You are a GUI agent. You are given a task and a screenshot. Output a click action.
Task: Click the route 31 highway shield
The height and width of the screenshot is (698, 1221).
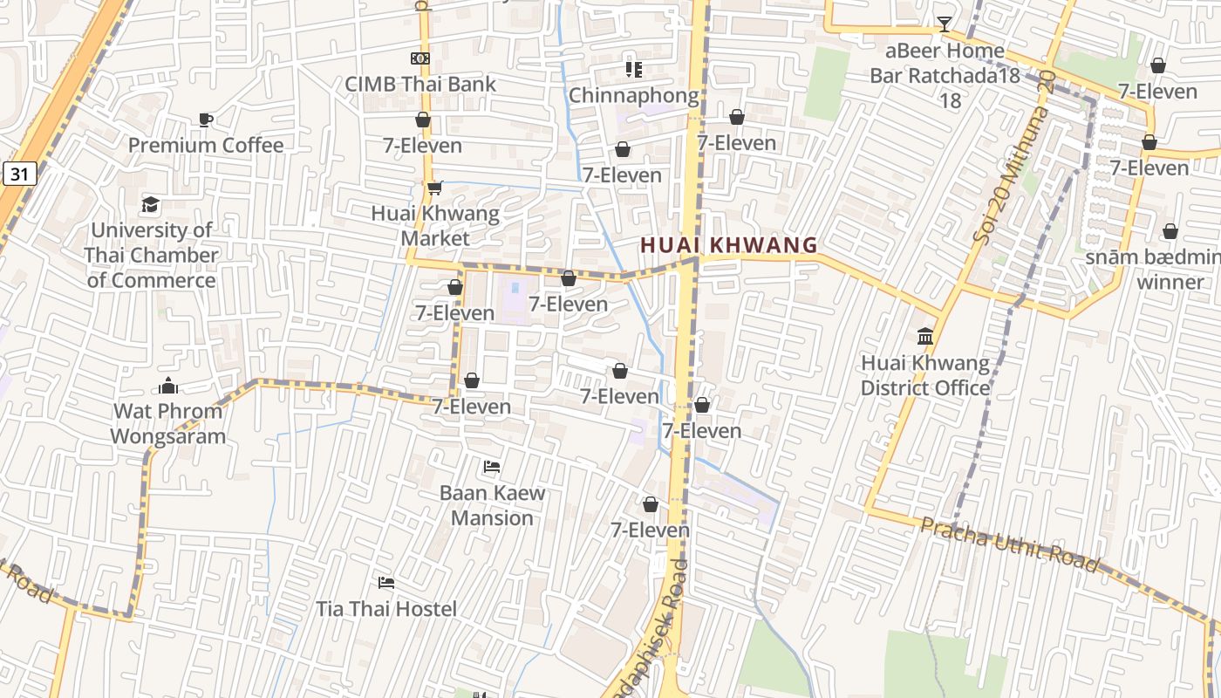[x=20, y=174]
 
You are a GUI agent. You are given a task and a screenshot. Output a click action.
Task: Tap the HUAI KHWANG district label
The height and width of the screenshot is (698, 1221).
[x=729, y=245]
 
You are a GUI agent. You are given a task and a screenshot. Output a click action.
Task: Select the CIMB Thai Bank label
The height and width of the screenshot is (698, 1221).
[x=420, y=84]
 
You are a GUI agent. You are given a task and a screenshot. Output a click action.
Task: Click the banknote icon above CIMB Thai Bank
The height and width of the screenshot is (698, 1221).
[x=420, y=58]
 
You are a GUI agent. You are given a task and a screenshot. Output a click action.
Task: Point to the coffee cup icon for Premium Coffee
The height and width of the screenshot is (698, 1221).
[x=206, y=120]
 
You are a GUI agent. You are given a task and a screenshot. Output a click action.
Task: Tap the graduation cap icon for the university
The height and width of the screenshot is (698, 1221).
[x=151, y=204]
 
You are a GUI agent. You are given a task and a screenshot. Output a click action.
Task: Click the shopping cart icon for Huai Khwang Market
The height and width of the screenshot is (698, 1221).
[x=434, y=188]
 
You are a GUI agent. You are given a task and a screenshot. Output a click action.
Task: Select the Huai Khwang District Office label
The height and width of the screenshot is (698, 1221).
[x=925, y=375]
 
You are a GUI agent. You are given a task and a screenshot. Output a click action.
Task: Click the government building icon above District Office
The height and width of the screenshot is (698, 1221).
[x=925, y=337]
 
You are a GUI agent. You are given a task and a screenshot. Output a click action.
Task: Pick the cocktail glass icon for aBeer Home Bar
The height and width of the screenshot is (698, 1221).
[x=944, y=24]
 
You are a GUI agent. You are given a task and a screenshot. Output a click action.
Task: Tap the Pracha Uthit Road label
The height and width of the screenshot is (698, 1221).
[x=1010, y=544]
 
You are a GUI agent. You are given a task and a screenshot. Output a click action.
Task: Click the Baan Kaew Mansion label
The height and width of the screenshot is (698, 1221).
[x=492, y=505]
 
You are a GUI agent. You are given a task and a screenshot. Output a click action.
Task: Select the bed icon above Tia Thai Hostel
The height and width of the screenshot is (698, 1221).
[x=386, y=582]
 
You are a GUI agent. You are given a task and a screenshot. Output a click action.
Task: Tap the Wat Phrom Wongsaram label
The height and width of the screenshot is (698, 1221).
[x=168, y=423]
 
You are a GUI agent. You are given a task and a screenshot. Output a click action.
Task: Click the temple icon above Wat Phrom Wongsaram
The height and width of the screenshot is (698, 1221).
[x=168, y=386]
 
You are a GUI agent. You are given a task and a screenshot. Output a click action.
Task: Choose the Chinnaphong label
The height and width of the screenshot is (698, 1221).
[x=634, y=95]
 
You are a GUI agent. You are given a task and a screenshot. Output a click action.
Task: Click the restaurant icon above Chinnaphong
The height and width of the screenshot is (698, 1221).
[x=633, y=69]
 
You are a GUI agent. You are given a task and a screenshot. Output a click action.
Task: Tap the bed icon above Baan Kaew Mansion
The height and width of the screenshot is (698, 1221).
[x=492, y=467]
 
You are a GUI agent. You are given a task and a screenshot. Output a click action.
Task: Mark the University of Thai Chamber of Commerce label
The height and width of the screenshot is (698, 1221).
[x=152, y=255]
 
